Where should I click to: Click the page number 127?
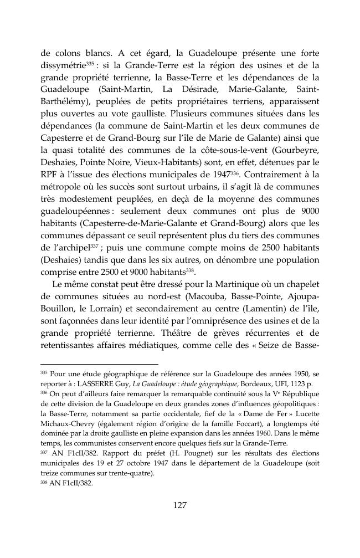179,505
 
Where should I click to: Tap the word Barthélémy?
65,102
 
